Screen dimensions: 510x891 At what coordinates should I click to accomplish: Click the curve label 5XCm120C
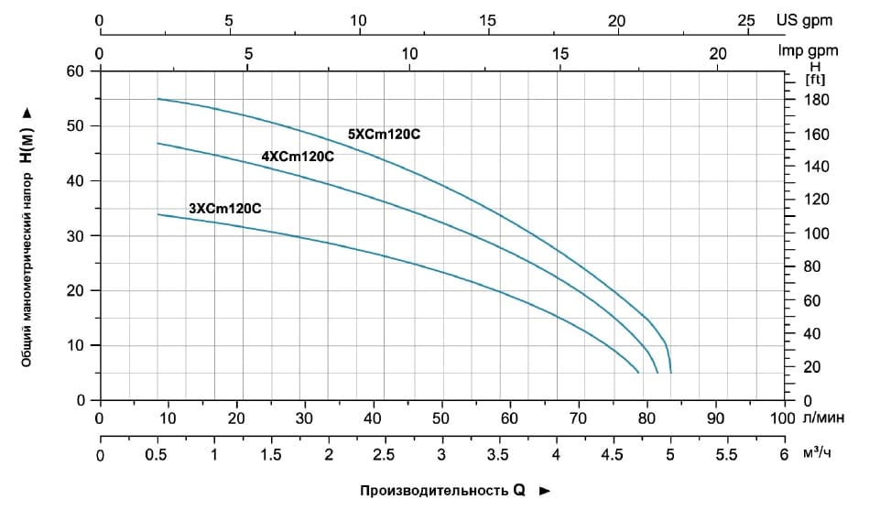coord(384,134)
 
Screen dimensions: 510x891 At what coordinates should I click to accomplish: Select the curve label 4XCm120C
coord(298,156)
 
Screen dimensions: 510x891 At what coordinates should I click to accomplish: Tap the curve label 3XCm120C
coord(225,208)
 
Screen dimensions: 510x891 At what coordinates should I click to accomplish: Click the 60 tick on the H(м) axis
coord(75,71)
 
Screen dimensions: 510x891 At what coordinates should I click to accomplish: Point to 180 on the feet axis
coord(816,100)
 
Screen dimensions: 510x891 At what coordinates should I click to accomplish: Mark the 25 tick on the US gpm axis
coord(746,19)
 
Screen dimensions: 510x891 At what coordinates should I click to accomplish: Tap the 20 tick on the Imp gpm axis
coord(718,53)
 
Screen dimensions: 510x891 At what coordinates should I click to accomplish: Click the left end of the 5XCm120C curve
coord(158,99)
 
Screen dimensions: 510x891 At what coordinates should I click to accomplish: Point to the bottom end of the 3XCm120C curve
coord(638,373)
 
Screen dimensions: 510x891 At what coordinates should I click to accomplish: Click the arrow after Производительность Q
coord(545,491)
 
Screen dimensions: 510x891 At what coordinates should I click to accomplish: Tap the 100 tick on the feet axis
coord(816,233)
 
